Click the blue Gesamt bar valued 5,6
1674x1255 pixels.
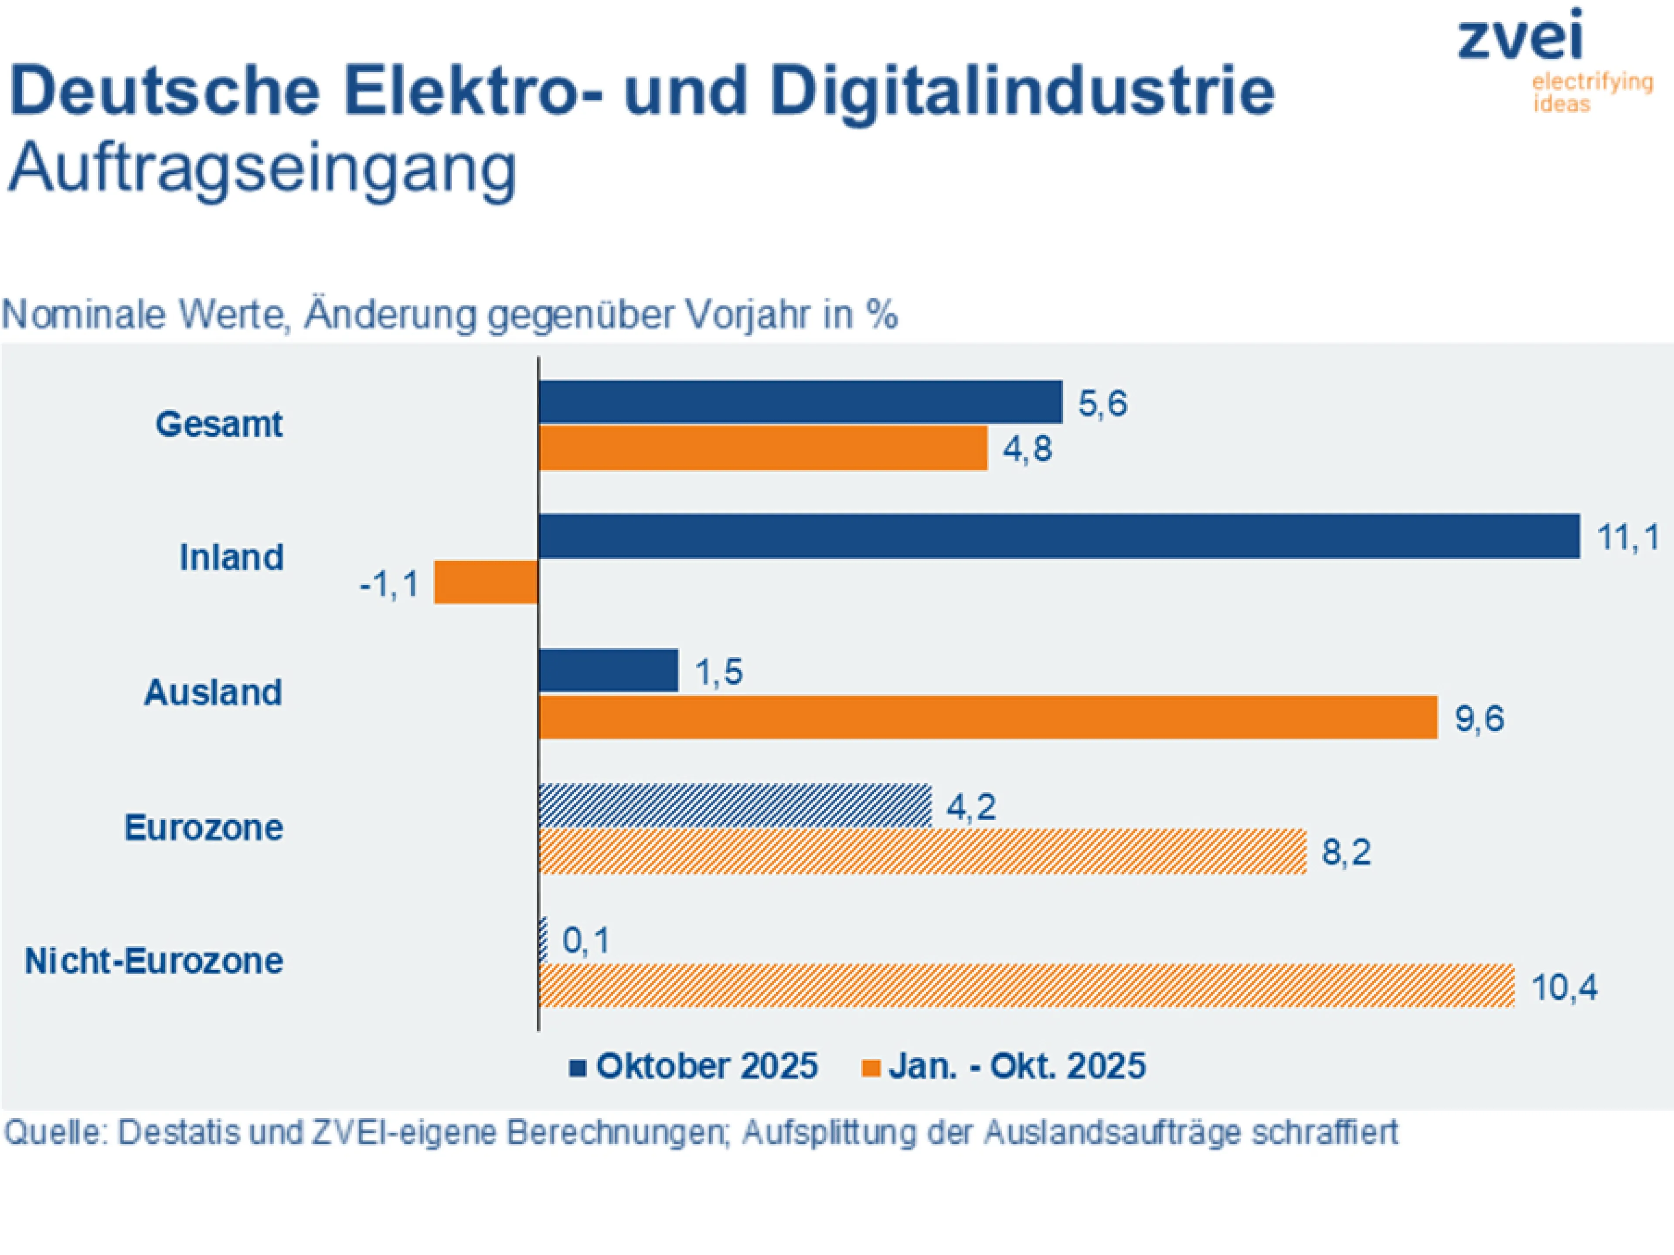click(x=800, y=402)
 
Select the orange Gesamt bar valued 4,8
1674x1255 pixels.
click(x=763, y=448)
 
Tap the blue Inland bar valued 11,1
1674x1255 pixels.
click(x=1059, y=536)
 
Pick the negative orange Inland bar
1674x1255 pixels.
click(x=486, y=582)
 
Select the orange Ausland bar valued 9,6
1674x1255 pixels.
click(x=987, y=717)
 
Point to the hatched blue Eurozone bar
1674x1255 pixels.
click(x=735, y=806)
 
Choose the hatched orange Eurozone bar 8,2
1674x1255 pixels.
click(x=922, y=852)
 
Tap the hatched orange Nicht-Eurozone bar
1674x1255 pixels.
click(x=1026, y=986)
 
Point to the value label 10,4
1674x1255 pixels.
click(x=1564, y=987)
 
